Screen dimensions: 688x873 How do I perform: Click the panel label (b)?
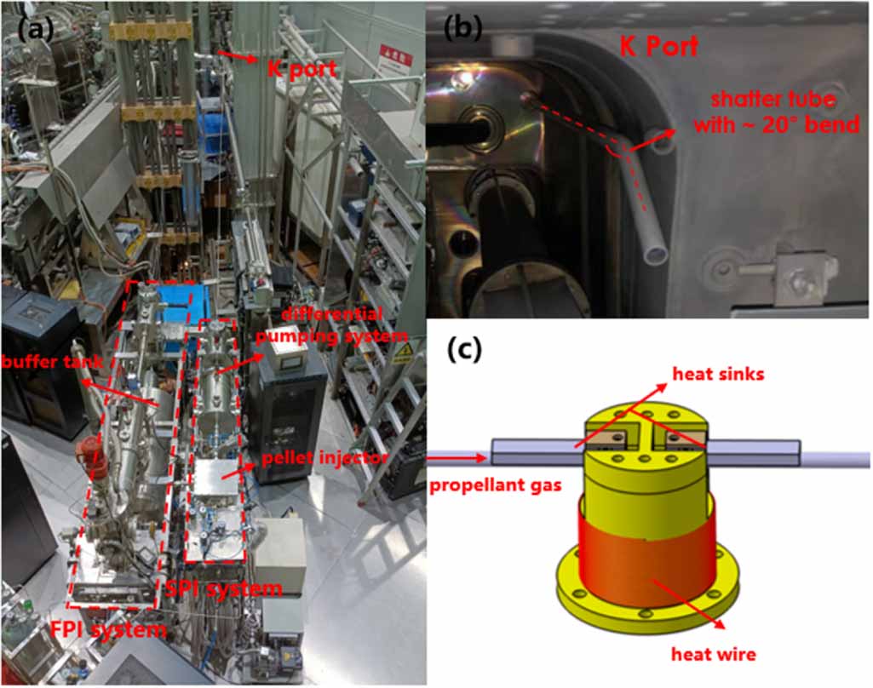click(x=464, y=28)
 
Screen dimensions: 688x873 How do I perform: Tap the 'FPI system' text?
click(x=120, y=630)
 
